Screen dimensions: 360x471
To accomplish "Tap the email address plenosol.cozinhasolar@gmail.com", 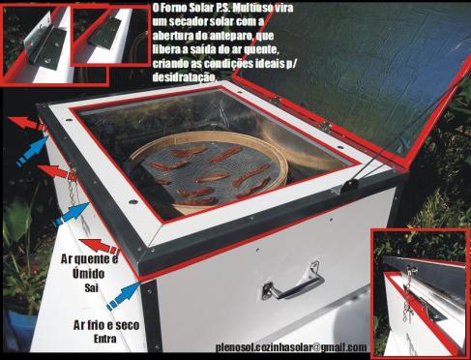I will (291, 346).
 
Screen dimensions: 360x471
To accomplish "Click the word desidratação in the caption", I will (182, 75).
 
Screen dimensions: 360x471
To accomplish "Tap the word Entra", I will (107, 342).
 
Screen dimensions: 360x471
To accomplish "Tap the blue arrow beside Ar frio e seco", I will (123, 296).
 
